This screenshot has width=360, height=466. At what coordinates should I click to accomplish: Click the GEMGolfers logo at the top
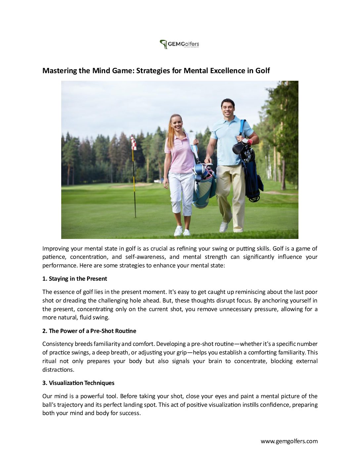(179, 44)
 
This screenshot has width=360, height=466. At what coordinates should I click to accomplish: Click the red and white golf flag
(133, 143)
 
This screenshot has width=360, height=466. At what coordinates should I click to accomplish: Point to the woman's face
(176, 124)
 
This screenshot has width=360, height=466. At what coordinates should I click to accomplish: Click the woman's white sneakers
(182, 231)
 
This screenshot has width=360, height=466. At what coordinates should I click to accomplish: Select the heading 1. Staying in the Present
(75, 279)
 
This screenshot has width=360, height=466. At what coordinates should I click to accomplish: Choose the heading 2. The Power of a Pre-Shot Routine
(89, 331)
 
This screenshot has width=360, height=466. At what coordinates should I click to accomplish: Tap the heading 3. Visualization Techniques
(78, 383)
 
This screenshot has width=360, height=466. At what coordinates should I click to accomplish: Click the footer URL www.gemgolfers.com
(289, 441)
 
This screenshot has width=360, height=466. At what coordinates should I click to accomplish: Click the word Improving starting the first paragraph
(56, 249)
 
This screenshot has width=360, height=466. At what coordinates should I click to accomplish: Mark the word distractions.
(58, 370)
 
